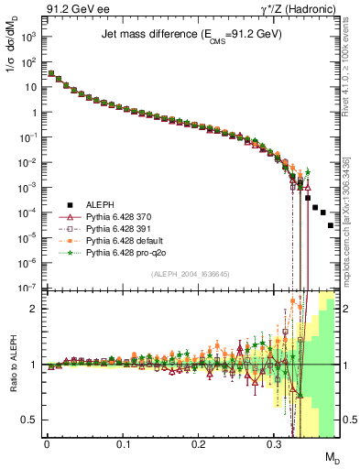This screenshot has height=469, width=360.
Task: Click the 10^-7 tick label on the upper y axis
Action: pyautogui.click(x=27, y=288)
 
